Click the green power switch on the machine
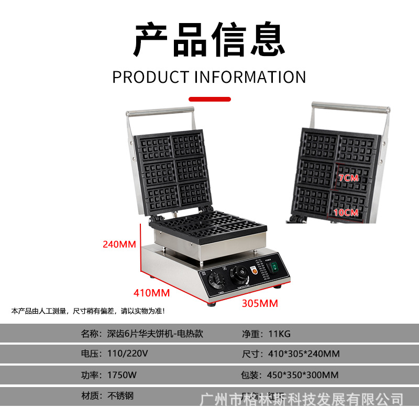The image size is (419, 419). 272,269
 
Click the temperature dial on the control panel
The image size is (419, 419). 240,273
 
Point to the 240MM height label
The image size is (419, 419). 119,244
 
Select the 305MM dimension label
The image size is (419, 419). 260,303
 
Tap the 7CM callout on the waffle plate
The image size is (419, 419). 348,178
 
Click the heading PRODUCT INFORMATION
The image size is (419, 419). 209,77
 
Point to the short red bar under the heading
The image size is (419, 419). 210,98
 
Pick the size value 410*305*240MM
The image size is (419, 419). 302,354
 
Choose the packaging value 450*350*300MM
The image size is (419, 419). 303,374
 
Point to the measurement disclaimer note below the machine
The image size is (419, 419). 88,311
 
